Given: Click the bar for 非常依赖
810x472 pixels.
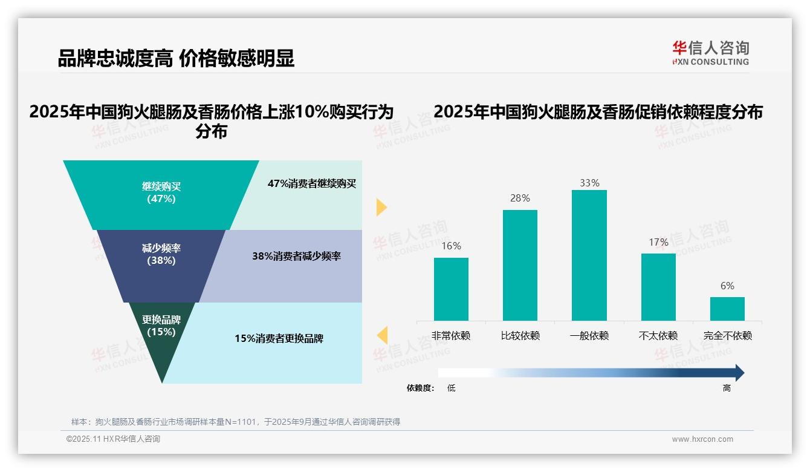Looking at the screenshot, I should (x=451, y=289).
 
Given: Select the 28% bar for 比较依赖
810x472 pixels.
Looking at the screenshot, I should (x=520, y=265).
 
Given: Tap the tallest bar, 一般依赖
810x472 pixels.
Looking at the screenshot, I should (x=589, y=255).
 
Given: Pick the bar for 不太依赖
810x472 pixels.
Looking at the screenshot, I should (x=658, y=287).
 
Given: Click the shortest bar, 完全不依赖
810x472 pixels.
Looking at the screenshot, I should (x=727, y=309).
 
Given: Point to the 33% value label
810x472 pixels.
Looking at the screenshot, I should (x=589, y=183).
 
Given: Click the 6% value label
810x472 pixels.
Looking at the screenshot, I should (x=727, y=286).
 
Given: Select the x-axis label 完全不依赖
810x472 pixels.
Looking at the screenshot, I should (x=727, y=336).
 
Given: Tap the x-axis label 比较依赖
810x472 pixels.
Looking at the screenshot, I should (x=520, y=336).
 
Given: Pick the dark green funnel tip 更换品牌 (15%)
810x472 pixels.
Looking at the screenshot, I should (x=161, y=339).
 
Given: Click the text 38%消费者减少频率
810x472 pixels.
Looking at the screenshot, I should (x=296, y=257).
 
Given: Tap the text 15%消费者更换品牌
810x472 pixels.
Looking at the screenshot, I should (x=279, y=339).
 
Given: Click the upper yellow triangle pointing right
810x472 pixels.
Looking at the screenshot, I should (x=381, y=207).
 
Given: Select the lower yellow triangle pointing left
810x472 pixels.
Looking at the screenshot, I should (x=383, y=335).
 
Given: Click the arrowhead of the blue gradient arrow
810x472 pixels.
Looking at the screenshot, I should (x=739, y=373).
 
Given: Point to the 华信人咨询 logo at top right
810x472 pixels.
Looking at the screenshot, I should (x=710, y=53).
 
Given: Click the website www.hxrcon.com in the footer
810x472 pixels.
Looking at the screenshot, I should (x=702, y=439).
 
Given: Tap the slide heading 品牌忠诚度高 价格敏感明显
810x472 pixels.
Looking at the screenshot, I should (x=176, y=59).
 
